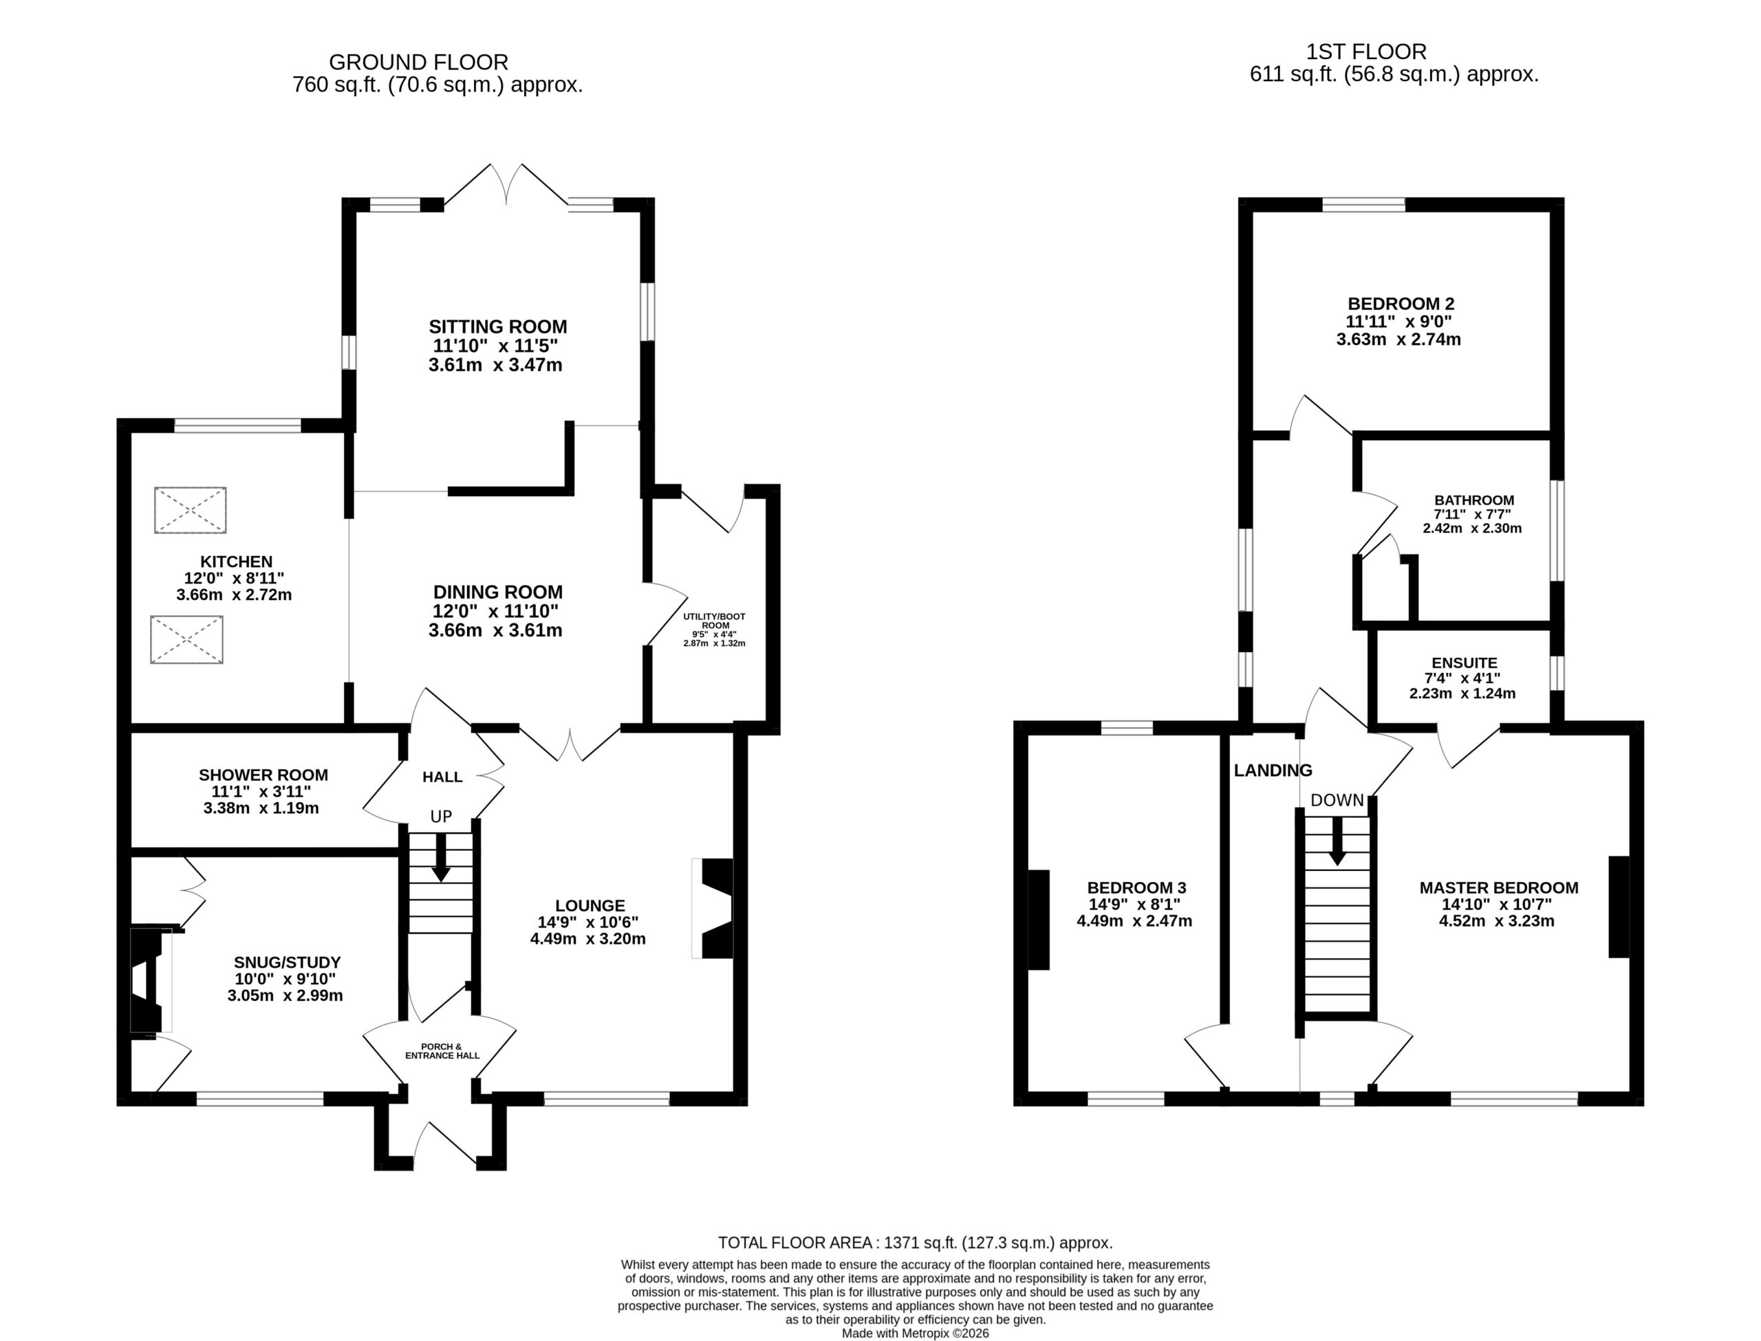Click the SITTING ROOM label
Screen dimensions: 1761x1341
click(497, 326)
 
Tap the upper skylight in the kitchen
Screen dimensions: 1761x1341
click(190, 510)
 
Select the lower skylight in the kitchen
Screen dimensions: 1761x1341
click(187, 639)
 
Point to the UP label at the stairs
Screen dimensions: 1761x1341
click(441, 817)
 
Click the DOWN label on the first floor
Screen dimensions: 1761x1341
click(1337, 801)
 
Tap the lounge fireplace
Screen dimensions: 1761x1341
click(713, 909)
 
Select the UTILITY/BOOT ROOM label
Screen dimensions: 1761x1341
click(715, 621)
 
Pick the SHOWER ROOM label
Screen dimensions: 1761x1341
click(263, 775)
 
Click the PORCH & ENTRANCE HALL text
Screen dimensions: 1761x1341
click(442, 1051)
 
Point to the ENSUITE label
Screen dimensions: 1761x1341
click(1465, 663)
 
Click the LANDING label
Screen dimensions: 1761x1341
click(1273, 771)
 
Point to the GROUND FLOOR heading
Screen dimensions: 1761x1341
click(418, 63)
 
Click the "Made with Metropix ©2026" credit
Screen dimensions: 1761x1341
click(916, 1333)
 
